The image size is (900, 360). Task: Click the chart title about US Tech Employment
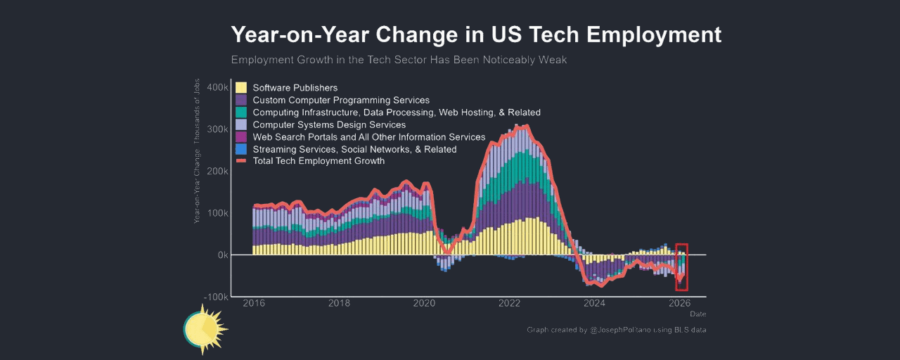click(x=476, y=34)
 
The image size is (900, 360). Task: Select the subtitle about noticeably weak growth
click(x=399, y=60)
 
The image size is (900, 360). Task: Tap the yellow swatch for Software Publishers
click(x=241, y=88)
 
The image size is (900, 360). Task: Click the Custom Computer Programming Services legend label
click(x=341, y=101)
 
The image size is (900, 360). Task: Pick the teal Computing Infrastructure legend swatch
click(x=241, y=112)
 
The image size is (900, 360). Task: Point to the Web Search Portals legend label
click(x=369, y=137)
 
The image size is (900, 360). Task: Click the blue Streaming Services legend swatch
click(x=241, y=149)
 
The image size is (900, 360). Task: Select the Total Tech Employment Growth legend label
click(x=319, y=161)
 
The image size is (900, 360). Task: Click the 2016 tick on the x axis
click(x=254, y=304)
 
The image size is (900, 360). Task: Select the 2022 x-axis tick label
click(x=509, y=304)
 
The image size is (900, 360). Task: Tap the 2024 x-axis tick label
click(x=594, y=304)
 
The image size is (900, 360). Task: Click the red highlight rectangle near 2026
click(x=681, y=267)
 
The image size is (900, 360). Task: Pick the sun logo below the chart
click(x=205, y=329)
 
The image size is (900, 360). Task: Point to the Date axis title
click(x=697, y=314)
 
